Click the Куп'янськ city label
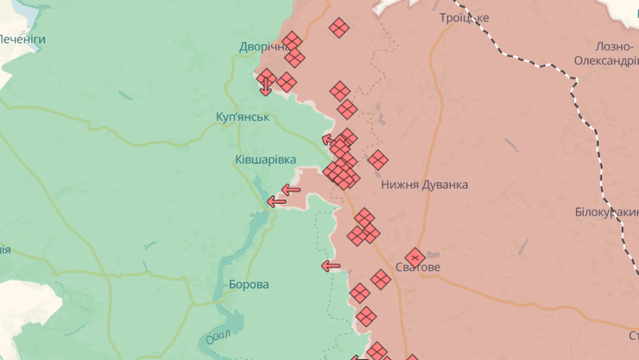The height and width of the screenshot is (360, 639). point(243,117)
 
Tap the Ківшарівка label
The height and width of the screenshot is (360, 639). point(265,160)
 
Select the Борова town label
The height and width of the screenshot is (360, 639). point(249,284)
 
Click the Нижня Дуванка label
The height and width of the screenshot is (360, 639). point(425,185)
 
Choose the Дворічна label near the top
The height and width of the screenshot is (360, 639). point(263,47)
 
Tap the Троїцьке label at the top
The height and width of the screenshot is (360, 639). point(464,17)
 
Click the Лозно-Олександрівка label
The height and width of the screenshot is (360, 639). point(604,54)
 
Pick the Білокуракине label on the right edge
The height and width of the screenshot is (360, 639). point(606,212)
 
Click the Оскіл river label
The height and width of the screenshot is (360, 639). point(219,337)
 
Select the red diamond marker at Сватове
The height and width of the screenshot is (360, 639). point(414,256)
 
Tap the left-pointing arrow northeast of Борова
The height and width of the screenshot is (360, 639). point(331,266)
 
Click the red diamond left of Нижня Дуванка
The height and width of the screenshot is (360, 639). point(377,160)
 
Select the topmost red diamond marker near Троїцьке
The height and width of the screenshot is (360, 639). point(339,28)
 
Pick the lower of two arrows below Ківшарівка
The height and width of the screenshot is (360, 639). point(276,201)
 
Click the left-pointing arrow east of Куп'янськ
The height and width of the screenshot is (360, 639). point(329,140)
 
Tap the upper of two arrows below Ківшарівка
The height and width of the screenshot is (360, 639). point(290,190)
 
